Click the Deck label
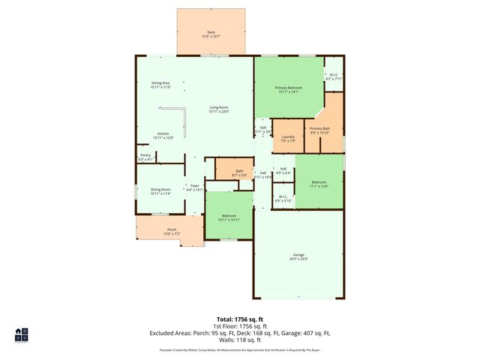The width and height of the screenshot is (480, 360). coord(211,33)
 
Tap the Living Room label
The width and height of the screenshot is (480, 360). coord(219,109)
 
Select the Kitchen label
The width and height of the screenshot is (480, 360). coord(163,136)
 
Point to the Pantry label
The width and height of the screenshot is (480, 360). coord(145,157)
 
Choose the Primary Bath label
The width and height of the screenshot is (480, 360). coord(320,130)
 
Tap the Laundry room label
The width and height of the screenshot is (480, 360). coord(288,138)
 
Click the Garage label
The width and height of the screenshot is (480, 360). coord(299,257)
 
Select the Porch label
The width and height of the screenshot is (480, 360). coord(172,231)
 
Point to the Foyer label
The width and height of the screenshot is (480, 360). coord(194,187)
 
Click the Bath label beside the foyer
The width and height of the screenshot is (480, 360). coord(239,173)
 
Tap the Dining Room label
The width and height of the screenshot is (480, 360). coord(160,191)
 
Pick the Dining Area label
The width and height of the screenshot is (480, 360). coord(160,85)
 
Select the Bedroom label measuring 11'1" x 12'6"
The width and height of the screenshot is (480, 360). coord(319,184)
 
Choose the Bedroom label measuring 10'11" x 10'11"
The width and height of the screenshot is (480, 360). coord(229,217)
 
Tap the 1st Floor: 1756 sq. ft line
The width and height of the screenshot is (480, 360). coord(239,327)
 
